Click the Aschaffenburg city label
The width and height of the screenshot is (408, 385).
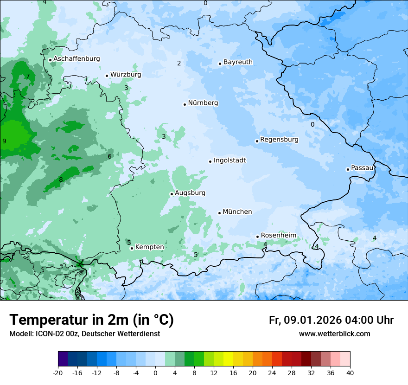click(x=76, y=59)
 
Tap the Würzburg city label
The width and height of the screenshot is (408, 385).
click(x=126, y=75)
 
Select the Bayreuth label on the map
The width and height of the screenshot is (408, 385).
click(x=238, y=62)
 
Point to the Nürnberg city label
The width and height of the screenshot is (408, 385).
click(x=203, y=103)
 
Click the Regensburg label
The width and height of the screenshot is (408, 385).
click(x=279, y=140)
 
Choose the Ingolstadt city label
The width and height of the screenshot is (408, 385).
click(x=229, y=160)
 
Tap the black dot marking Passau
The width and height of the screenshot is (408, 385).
click(x=348, y=169)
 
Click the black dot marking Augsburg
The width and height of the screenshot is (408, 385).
click(x=172, y=194)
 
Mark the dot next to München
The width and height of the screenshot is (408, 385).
click(x=219, y=213)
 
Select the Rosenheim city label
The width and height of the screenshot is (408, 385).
click(x=278, y=236)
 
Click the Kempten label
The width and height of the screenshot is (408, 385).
click(x=149, y=247)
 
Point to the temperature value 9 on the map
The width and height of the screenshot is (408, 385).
click(x=4, y=141)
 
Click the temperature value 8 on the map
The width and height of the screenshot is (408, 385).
click(x=61, y=180)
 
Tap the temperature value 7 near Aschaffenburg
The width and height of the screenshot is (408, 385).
click(x=28, y=77)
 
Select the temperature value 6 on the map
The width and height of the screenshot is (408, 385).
click(x=109, y=157)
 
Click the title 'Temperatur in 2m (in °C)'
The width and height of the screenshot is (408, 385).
click(x=91, y=320)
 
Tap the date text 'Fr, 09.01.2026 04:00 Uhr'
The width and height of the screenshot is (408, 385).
click(x=331, y=320)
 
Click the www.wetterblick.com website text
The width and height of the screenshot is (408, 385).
click(x=334, y=334)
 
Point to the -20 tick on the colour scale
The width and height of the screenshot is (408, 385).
click(x=58, y=373)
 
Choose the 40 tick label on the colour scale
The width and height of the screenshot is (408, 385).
click(x=350, y=373)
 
